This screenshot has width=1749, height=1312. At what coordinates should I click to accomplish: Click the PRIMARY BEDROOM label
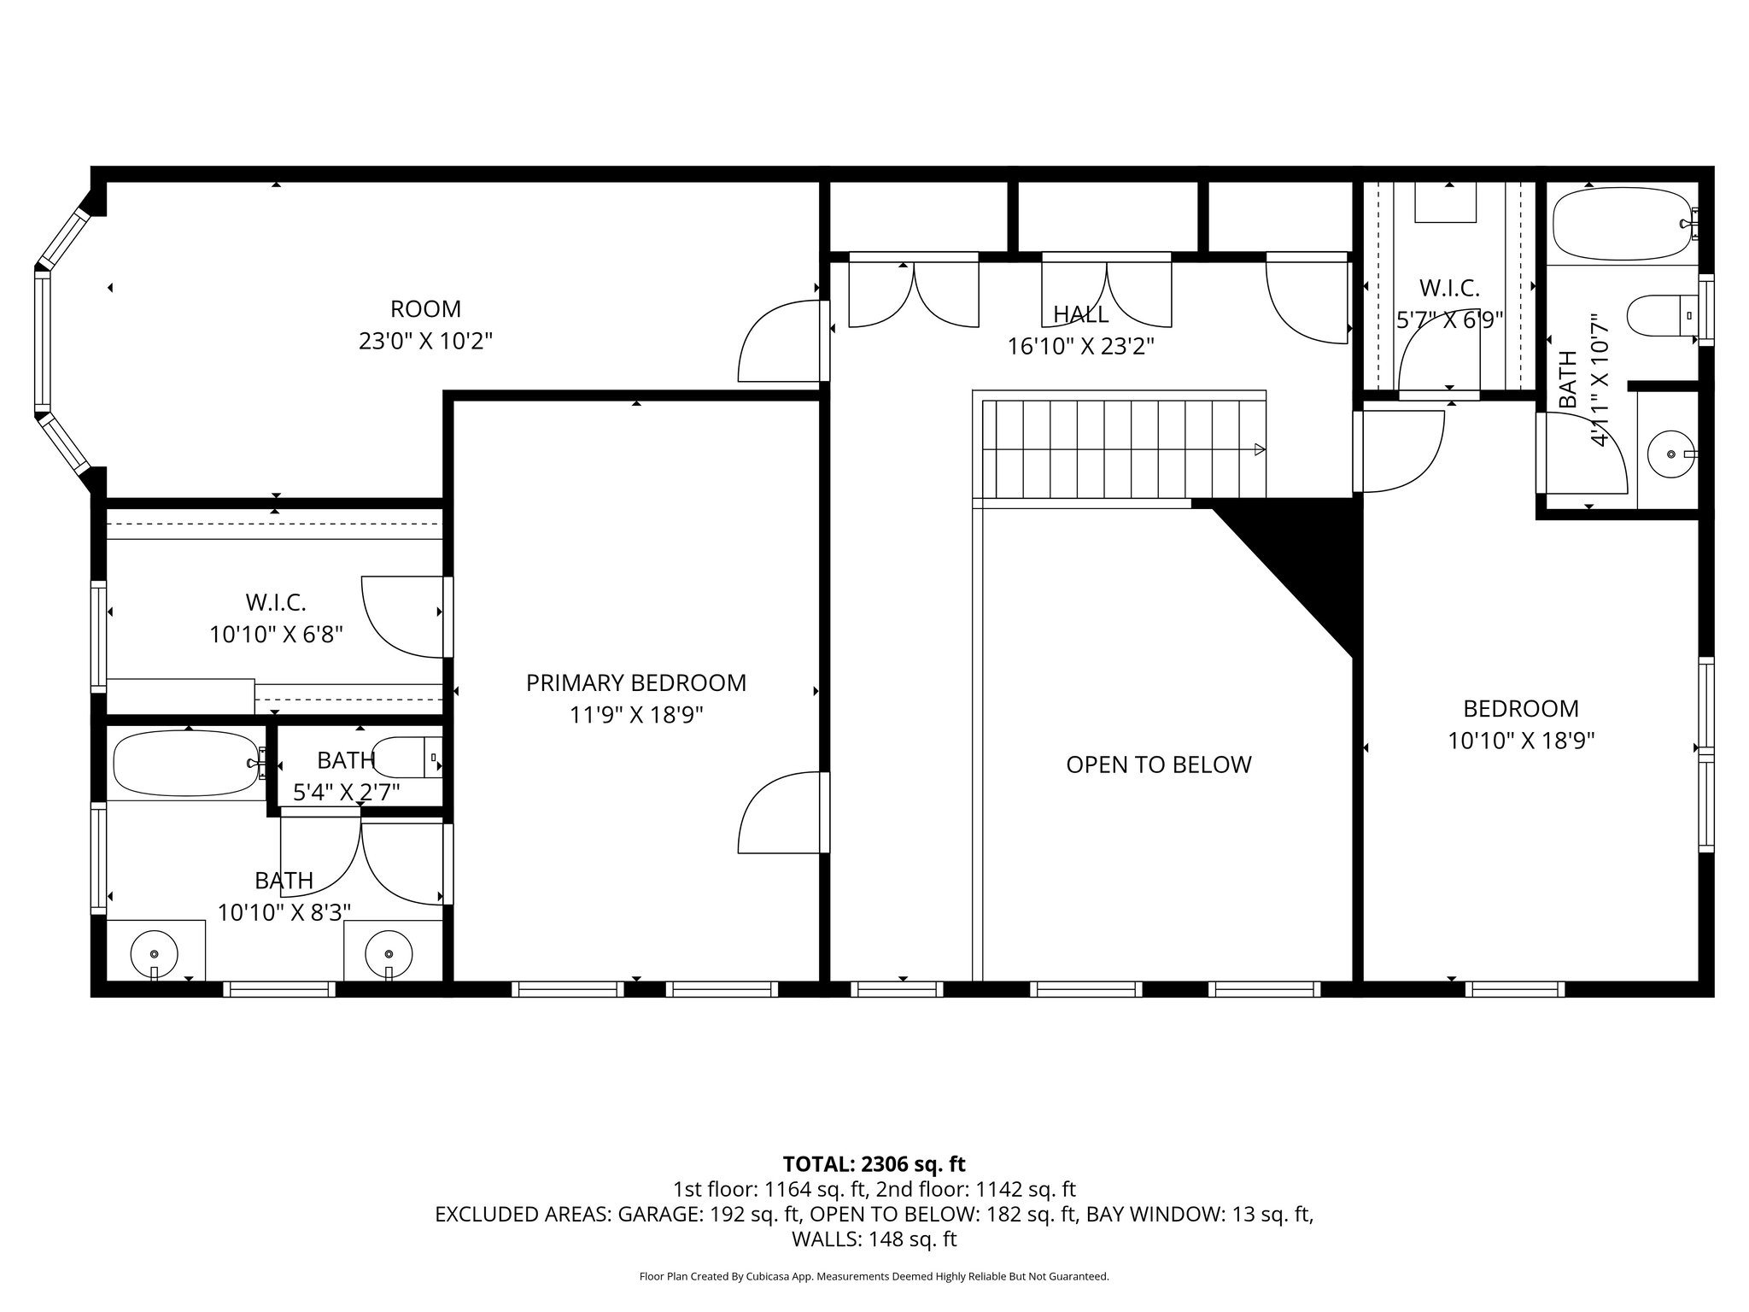[x=635, y=682]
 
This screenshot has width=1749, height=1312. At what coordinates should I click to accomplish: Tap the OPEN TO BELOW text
[x=1158, y=764]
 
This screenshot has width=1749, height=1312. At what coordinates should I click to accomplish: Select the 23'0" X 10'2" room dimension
[x=425, y=341]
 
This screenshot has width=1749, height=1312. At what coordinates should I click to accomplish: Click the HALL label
[x=1080, y=314]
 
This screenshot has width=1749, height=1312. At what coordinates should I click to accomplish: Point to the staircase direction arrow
[x=1259, y=449]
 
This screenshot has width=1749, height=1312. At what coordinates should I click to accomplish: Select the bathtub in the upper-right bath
[x=1621, y=225]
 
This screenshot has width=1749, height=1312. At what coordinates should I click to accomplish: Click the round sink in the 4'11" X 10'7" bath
[x=1668, y=455]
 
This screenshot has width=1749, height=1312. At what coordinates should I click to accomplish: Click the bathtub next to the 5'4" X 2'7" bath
[x=185, y=762]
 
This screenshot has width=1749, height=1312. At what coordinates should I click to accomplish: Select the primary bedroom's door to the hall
[x=779, y=813]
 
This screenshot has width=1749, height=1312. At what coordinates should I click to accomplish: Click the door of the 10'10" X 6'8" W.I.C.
[x=401, y=617]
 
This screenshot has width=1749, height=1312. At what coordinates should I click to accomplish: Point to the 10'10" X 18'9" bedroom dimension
[x=1521, y=740]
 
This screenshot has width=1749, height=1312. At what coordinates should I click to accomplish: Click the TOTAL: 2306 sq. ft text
[x=874, y=1163]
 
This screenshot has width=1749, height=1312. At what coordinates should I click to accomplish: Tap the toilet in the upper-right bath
[x=1661, y=318]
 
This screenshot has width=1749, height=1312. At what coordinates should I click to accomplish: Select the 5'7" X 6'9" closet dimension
[x=1448, y=319]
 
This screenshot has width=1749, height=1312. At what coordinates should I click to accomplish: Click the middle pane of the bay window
[x=39, y=341]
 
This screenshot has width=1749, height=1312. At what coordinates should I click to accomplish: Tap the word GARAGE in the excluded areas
[x=659, y=1215]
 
